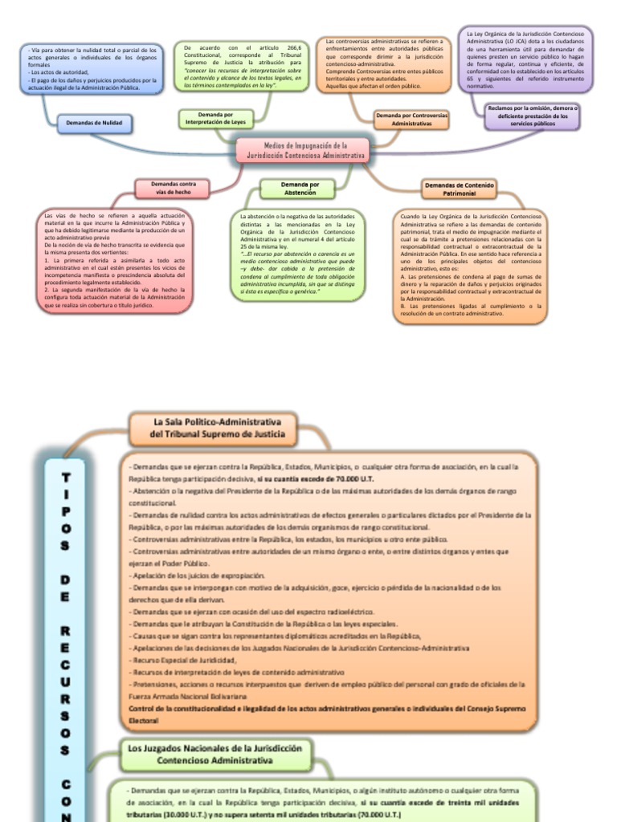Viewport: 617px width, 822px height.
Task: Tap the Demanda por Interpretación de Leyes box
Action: coord(215,119)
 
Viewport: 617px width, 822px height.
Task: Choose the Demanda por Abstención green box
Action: coord(299,189)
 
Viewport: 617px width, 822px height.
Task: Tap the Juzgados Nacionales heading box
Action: coord(215,754)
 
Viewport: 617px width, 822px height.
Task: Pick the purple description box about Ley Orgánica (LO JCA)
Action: coord(525,59)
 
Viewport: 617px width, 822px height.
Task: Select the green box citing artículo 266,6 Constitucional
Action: coord(242,67)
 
